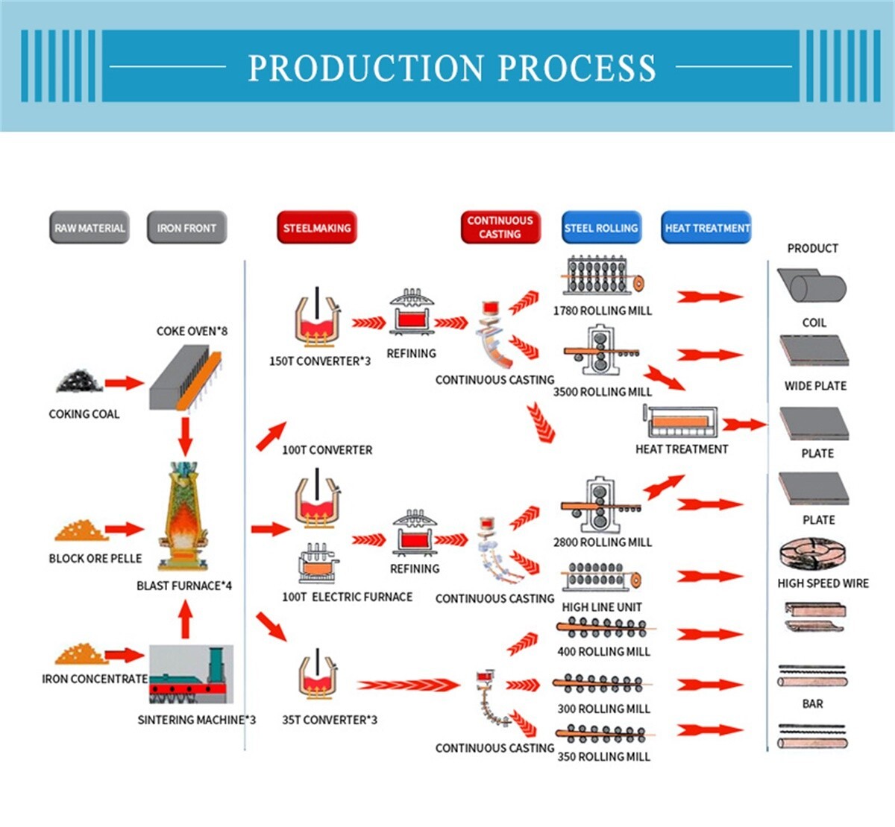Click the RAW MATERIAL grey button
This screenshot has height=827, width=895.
[89, 228]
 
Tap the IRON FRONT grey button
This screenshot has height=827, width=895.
[186, 228]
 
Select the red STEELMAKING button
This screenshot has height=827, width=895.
[317, 228]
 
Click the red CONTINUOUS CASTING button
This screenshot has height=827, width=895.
[500, 227]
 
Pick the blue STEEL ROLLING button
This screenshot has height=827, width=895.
[601, 228]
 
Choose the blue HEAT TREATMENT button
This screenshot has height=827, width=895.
[707, 228]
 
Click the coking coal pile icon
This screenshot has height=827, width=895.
[79, 381]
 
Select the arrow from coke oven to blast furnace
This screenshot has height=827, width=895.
[185, 436]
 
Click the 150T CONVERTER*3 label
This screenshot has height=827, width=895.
[319, 361]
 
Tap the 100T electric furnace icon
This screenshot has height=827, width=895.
[318, 564]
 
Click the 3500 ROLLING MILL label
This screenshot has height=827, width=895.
[602, 392]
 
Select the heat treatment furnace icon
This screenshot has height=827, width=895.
[680, 422]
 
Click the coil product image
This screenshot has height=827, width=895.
[811, 287]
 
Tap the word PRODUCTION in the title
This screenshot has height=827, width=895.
[364, 68]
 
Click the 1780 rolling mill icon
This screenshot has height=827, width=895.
[603, 277]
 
